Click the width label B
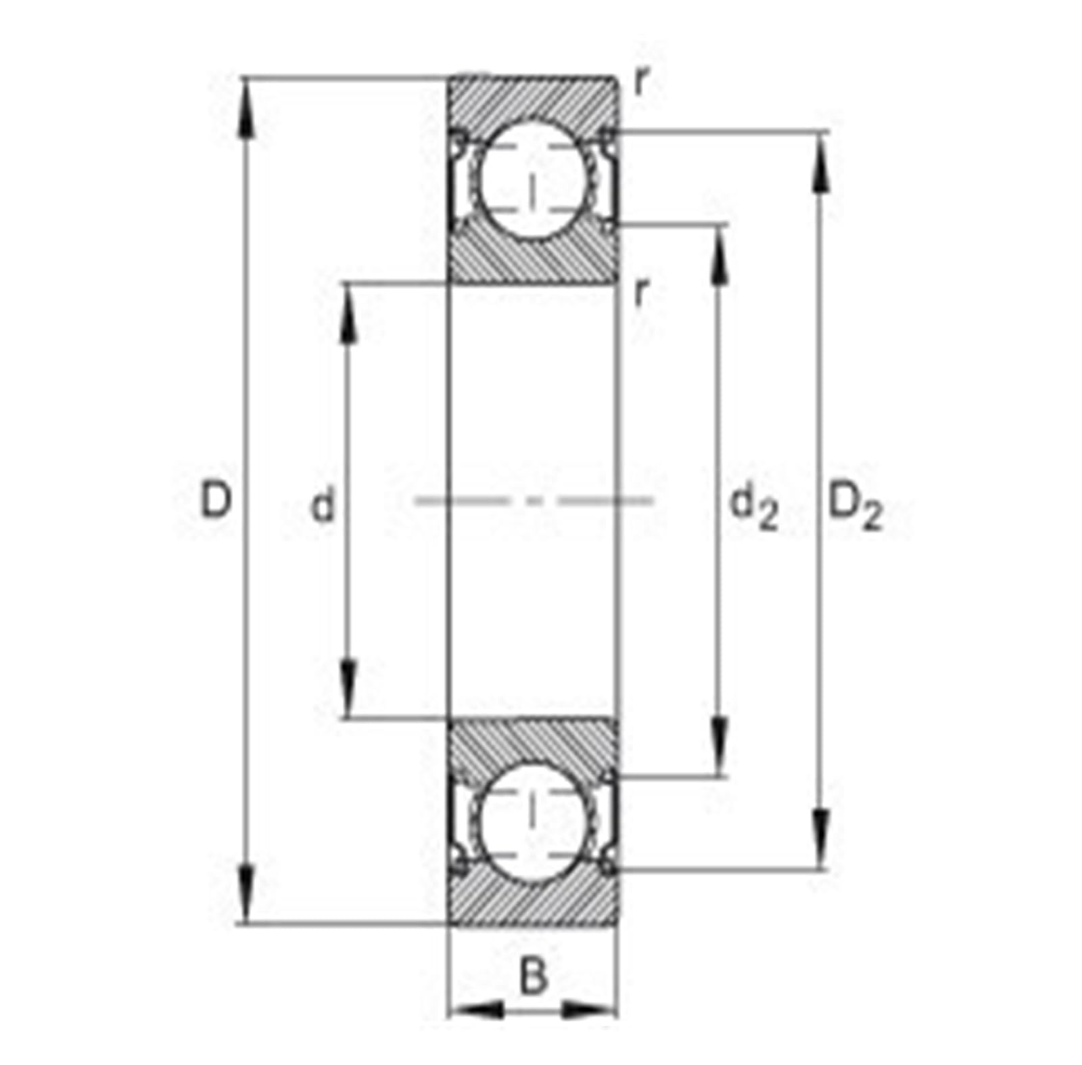click(x=533, y=976)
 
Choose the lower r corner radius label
click(x=641, y=292)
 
